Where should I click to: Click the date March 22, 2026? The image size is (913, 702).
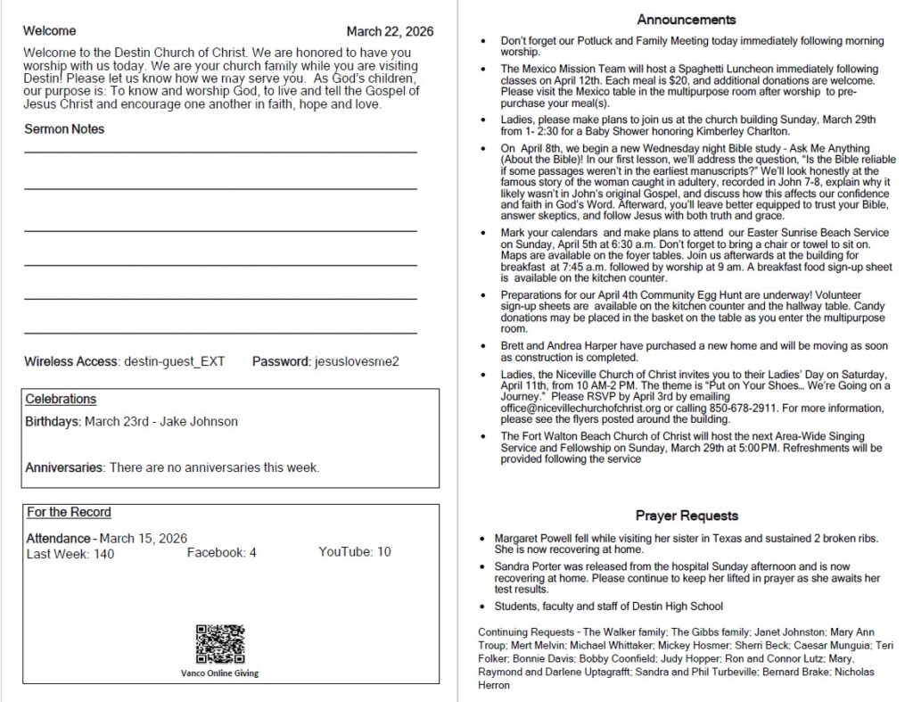pyautogui.click(x=390, y=31)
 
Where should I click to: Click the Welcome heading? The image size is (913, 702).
pyautogui.click(x=50, y=31)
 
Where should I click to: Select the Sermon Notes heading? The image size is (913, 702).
pyautogui.click(x=64, y=128)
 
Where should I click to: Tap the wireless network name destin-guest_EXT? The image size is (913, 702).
pyautogui.click(x=174, y=361)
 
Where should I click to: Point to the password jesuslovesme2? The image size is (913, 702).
pyautogui.click(x=357, y=361)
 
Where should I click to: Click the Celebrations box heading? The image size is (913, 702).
pyautogui.click(x=61, y=399)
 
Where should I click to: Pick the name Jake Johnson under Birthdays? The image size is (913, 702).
pyautogui.click(x=199, y=421)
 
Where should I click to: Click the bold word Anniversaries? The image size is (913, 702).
pyautogui.click(x=64, y=467)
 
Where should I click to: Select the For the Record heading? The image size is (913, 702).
pyautogui.click(x=69, y=512)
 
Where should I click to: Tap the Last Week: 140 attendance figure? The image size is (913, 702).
pyautogui.click(x=70, y=554)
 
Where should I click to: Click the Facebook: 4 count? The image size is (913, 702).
pyautogui.click(x=222, y=553)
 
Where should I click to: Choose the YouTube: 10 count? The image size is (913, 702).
pyautogui.click(x=355, y=552)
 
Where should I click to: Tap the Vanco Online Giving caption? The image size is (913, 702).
pyautogui.click(x=219, y=673)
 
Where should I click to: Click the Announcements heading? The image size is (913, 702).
pyautogui.click(x=686, y=20)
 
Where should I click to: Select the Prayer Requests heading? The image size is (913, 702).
pyautogui.click(x=686, y=516)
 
